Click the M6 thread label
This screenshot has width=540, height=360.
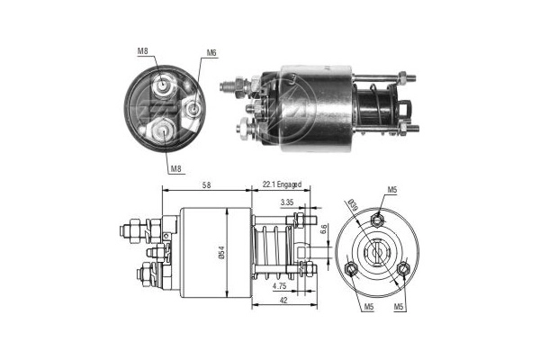(211, 53)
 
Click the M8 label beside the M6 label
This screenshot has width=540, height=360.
(143, 51)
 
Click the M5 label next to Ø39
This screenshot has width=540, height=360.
(393, 190)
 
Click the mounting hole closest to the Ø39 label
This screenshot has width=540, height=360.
(379, 218)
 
